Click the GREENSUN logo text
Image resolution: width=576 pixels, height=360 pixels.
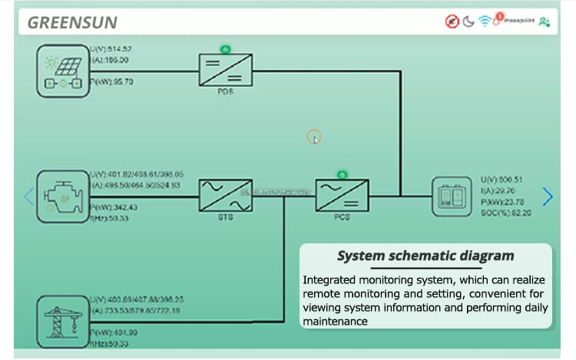click(x=72, y=22)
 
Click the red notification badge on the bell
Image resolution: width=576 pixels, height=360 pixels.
click(x=499, y=15)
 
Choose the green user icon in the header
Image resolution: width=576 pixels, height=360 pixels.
click(x=545, y=21)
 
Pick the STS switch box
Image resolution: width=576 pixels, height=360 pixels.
click(x=225, y=196)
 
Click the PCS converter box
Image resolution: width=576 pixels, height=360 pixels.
click(x=342, y=196)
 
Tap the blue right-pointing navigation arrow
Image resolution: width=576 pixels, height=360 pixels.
click(x=548, y=197)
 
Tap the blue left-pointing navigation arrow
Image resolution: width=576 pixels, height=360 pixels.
click(x=28, y=196)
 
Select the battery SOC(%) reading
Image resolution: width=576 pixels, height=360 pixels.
click(x=505, y=213)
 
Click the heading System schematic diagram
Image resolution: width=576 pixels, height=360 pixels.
click(x=425, y=256)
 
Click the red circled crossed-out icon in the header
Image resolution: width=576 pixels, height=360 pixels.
click(x=452, y=21)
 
